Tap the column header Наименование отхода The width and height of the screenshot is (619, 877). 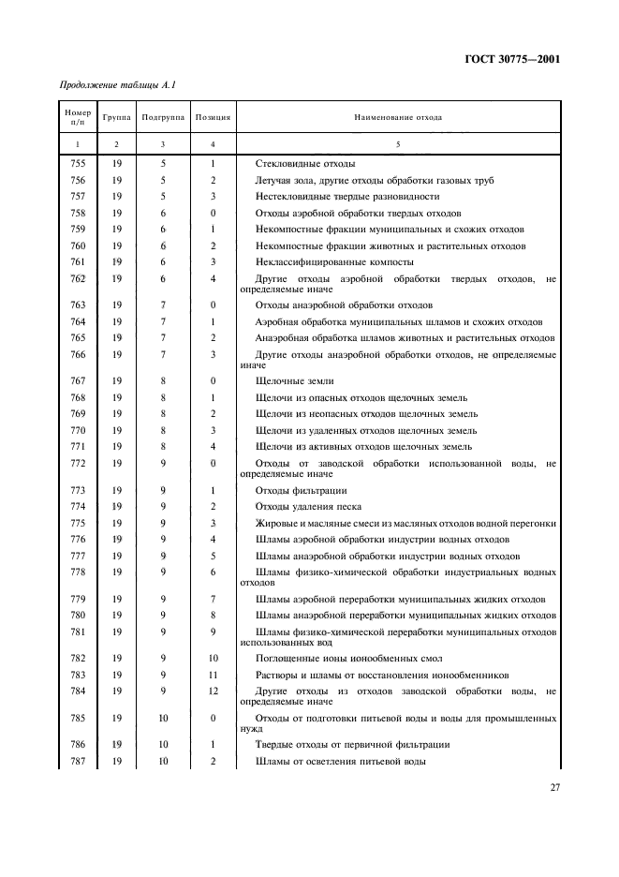click(397, 118)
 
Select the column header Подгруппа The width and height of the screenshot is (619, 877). click(162, 118)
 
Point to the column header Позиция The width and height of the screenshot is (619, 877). click(214, 118)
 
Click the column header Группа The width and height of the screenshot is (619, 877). click(117, 118)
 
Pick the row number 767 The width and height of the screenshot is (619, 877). click(78, 381)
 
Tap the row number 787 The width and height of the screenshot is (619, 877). click(78, 761)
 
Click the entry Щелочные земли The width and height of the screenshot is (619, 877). click(294, 381)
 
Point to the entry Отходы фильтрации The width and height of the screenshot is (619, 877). click(301, 490)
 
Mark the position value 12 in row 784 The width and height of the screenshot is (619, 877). click(214, 691)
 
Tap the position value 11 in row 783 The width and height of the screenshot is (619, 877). click(214, 675)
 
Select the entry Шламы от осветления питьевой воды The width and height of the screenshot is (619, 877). click(341, 761)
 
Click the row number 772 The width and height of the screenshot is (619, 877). click(78, 464)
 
